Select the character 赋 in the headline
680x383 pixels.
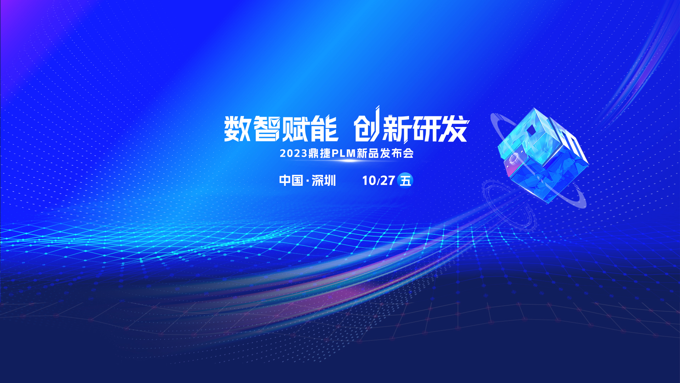pos(295,128)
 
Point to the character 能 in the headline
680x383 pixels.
pos(324,128)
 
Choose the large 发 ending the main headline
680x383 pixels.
pos(454,128)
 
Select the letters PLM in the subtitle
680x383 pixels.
pos(343,153)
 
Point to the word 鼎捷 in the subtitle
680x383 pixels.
pos(319,153)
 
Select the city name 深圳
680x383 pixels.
pos(324,181)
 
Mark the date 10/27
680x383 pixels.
pos(378,181)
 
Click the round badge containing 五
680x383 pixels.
pos(405,180)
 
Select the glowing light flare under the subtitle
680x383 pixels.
pos(348,161)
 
